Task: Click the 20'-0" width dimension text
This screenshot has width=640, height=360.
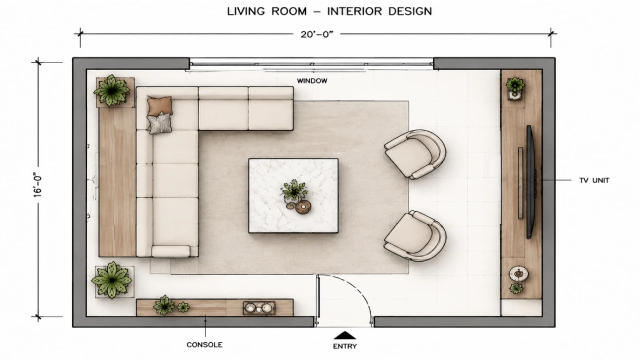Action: click(x=317, y=34)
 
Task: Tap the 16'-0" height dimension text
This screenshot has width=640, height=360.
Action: click(x=38, y=185)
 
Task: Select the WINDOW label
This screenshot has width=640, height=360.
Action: click(x=312, y=81)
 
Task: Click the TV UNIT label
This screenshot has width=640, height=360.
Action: click(x=594, y=180)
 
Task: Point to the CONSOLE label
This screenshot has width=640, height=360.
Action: click(x=204, y=345)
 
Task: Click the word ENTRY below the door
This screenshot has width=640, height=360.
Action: click(x=345, y=346)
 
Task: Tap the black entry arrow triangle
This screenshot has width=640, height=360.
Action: click(x=345, y=335)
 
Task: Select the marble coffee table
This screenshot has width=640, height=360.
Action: click(x=293, y=195)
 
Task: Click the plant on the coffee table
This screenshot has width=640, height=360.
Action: click(x=293, y=190)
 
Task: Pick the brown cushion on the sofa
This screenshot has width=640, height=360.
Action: click(x=159, y=105)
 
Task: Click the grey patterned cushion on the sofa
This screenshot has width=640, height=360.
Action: click(x=159, y=123)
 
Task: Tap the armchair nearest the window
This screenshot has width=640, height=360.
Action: click(x=415, y=154)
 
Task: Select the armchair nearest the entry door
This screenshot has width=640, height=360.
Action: click(x=415, y=235)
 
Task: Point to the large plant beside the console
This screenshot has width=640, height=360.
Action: click(x=112, y=280)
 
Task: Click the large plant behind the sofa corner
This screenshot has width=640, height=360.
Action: click(x=112, y=90)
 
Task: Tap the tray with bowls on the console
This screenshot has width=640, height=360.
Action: click(x=259, y=308)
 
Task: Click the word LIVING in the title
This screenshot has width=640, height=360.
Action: click(x=246, y=11)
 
